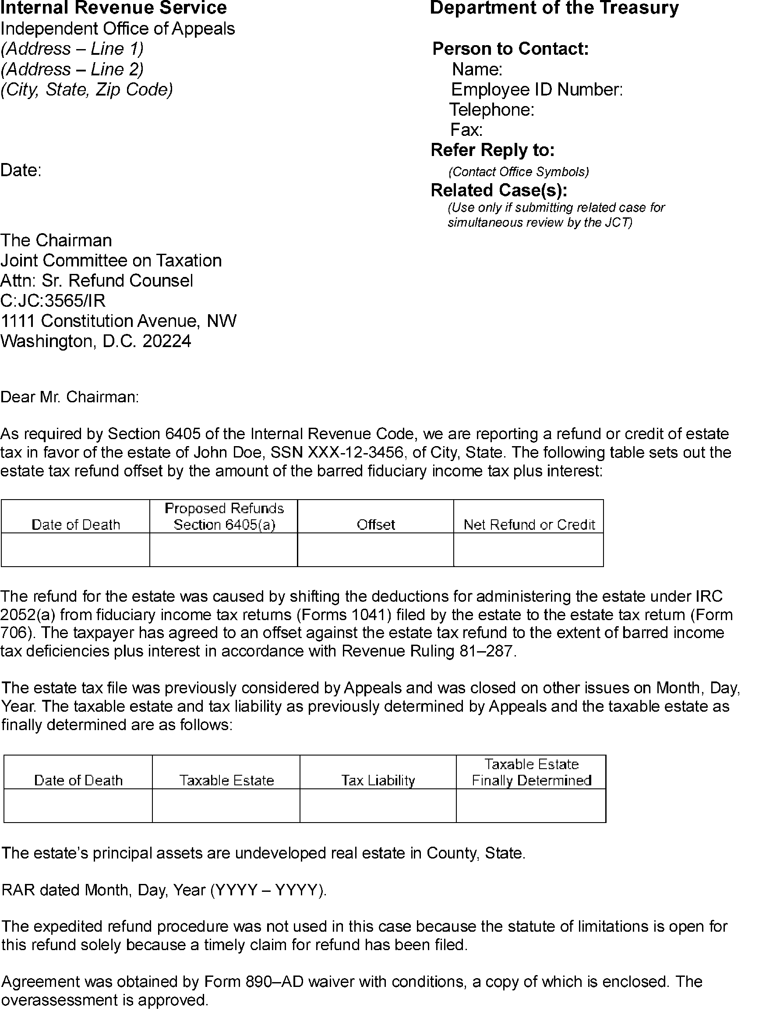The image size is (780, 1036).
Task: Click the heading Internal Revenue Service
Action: pos(113,8)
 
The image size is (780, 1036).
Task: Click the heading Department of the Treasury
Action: pos(554,8)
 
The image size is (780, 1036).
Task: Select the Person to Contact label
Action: pos(510,49)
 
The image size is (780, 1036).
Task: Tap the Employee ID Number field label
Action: pos(536,89)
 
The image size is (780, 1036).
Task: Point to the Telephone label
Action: pos(491,110)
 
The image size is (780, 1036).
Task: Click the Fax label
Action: pos(466,129)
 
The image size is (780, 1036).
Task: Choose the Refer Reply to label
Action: pos(493,150)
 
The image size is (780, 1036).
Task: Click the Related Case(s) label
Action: pos(499,190)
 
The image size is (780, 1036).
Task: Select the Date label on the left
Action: pos(21,170)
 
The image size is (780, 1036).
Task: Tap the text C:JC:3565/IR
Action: pos(53,300)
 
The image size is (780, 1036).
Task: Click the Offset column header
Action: pos(375,525)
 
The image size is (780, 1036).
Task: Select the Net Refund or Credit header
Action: pos(529,525)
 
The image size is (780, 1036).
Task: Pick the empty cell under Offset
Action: pos(375,550)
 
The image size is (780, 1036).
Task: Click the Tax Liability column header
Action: pos(378,780)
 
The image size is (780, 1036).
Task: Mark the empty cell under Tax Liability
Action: pos(378,805)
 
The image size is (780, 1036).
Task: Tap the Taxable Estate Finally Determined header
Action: pos(531,772)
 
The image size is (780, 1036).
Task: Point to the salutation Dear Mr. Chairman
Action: pos(70,397)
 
